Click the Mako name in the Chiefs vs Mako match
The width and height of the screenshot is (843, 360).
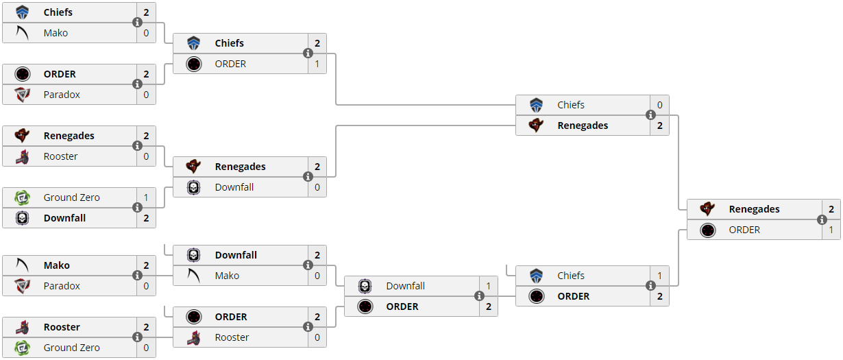tap(56, 33)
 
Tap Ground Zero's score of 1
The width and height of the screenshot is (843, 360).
tap(146, 197)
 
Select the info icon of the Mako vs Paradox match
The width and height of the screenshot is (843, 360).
tap(137, 276)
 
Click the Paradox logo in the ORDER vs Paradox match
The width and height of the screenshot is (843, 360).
tap(22, 95)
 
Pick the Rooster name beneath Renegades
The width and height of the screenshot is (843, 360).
tap(60, 156)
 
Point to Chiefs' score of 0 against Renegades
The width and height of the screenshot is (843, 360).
tap(660, 105)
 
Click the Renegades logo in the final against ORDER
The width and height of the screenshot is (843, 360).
tap(707, 209)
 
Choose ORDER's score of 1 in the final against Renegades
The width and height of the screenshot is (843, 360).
tap(831, 230)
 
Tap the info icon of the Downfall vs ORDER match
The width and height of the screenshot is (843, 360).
tap(479, 296)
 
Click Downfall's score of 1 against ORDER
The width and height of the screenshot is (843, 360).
tap(489, 286)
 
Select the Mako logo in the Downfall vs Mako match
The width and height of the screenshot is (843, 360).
tap(193, 276)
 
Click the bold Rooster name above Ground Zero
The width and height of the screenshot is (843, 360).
tap(62, 327)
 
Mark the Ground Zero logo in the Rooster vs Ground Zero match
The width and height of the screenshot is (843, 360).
tap(22, 348)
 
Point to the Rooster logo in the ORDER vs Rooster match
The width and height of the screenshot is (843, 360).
tap(193, 337)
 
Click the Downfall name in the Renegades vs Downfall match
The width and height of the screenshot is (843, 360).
tap(234, 187)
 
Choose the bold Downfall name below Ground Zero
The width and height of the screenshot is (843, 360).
tap(64, 218)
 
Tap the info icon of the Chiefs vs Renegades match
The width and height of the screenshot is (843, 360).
tap(650, 115)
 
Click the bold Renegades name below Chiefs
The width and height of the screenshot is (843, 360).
tap(583, 125)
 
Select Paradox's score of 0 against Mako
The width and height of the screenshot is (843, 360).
tap(146, 286)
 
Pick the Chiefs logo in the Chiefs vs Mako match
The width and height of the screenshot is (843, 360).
tap(22, 12)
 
